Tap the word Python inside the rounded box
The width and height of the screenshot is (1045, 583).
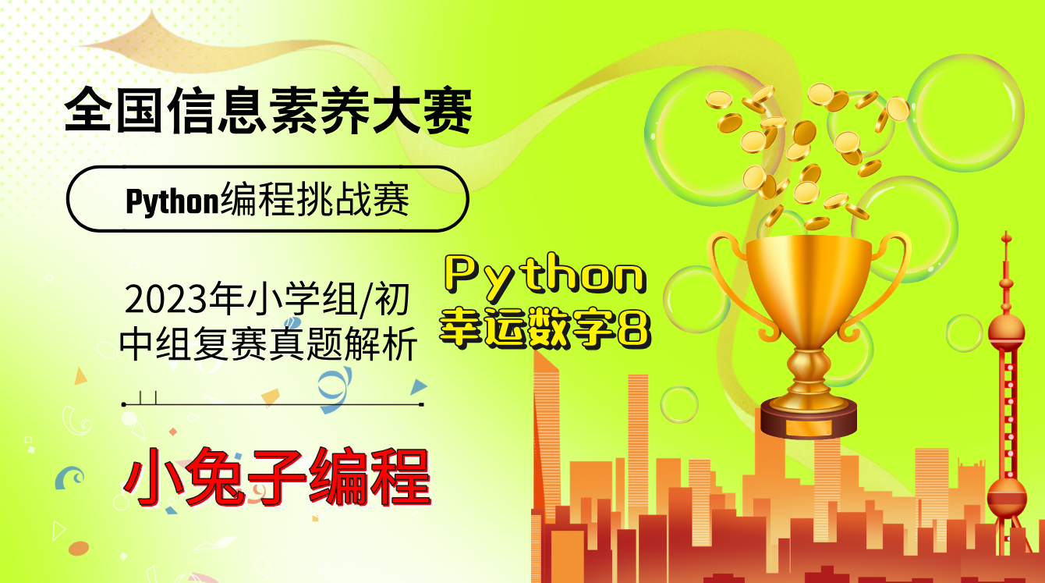[172, 201]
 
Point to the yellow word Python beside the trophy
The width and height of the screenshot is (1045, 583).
[545, 277]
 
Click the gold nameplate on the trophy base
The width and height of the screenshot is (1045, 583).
[808, 428]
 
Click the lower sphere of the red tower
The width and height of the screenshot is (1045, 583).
[1007, 496]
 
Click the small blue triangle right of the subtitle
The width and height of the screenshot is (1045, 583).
[419, 386]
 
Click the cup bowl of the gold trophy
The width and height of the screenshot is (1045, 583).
[808, 273]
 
